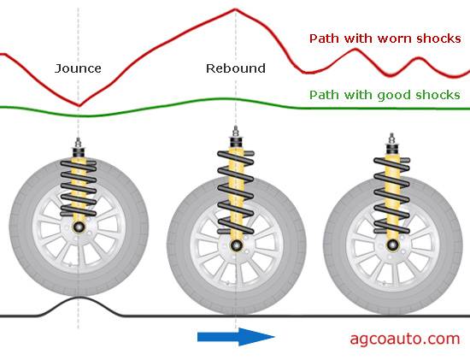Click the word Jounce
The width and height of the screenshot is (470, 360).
pos(78,68)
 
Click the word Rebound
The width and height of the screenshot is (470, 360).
pos(236,68)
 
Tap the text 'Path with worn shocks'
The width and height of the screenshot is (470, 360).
pos(385,38)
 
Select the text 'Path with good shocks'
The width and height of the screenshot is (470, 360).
pos(385,95)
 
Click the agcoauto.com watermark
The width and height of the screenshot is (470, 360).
pos(405,339)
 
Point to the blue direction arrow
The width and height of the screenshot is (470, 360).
pos(236,337)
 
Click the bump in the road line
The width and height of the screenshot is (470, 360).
pos(79,306)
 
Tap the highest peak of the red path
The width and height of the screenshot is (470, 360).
pos(235,10)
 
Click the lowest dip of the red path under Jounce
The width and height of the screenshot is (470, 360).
pos(79,105)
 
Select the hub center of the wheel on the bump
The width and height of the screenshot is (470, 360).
pos(79,227)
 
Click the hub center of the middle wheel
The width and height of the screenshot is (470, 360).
pos(236,245)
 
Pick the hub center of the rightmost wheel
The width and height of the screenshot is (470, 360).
pos(391,245)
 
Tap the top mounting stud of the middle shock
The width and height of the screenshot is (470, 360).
pos(236,132)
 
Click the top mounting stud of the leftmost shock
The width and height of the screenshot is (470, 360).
pos(79,143)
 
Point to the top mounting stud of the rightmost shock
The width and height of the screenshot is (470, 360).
pos(391,139)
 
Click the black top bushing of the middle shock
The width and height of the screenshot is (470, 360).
pos(236,142)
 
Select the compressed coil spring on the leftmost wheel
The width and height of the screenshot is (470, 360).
pos(79,188)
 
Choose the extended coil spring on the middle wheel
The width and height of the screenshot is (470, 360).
pos(236,192)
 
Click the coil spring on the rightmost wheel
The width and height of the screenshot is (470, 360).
pos(391,195)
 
